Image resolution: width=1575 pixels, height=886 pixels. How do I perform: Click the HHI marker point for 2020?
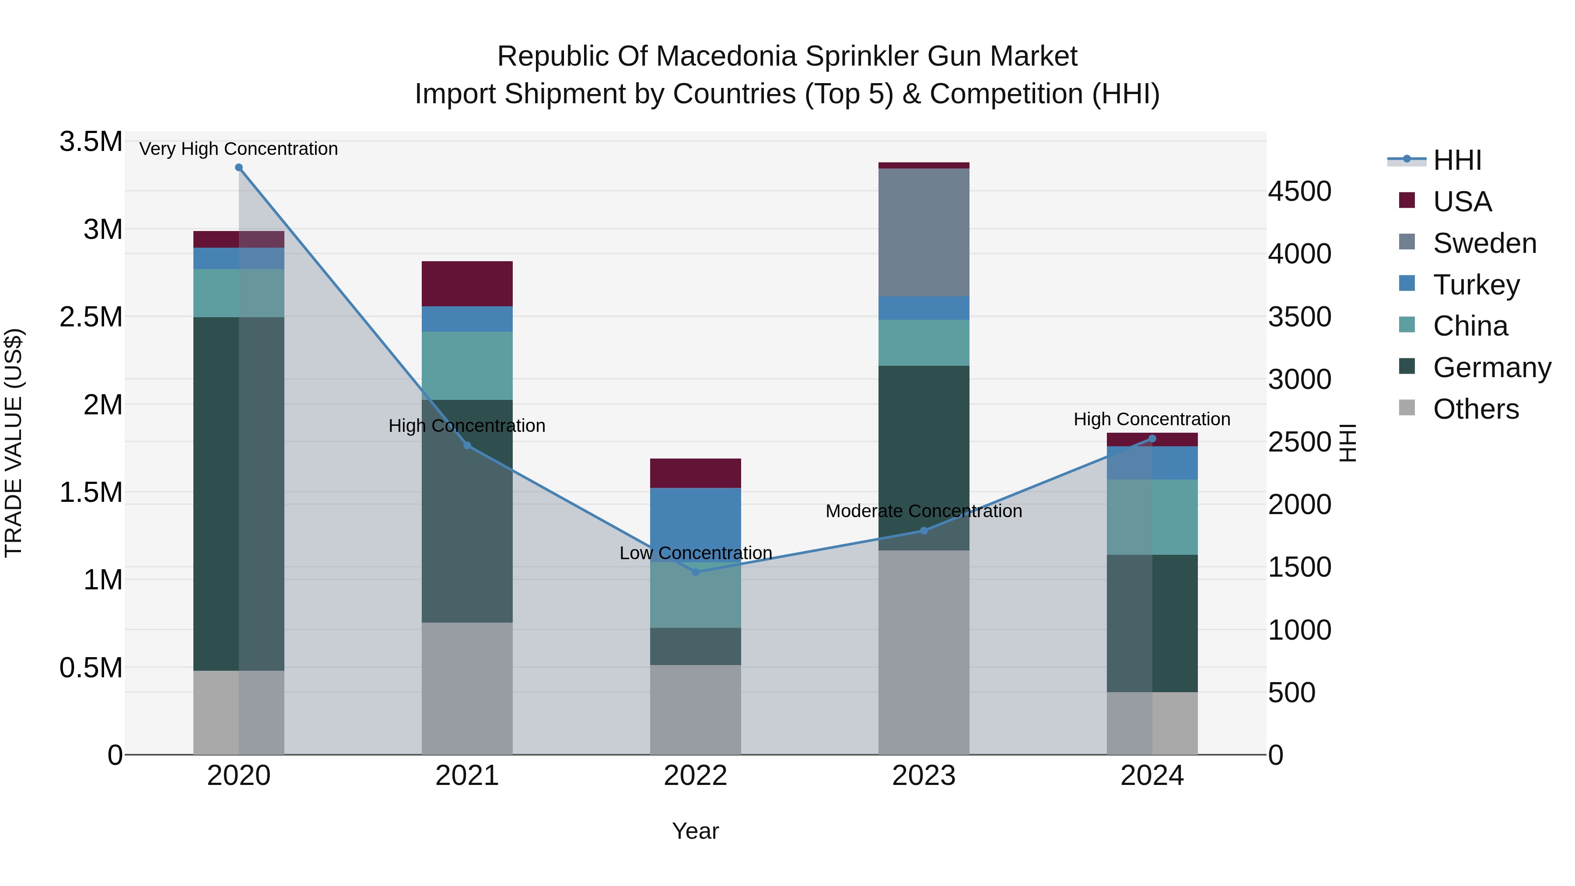(239, 168)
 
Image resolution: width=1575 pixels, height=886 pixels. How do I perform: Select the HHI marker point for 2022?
(695, 572)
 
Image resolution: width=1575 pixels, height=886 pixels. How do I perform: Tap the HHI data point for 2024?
(1152, 438)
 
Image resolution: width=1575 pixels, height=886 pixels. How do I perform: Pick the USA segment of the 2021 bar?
(467, 284)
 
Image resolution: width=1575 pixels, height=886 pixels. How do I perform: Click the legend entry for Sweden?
(1484, 243)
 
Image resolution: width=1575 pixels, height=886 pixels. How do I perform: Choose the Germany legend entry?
(1491, 368)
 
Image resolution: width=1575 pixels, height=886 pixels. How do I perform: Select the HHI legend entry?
(1457, 160)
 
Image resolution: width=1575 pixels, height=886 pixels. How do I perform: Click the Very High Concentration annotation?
(238, 149)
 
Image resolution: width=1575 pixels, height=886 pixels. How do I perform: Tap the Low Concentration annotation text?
(695, 553)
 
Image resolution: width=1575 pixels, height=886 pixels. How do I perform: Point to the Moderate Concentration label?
(923, 511)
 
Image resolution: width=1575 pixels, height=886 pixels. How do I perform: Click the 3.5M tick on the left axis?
(91, 142)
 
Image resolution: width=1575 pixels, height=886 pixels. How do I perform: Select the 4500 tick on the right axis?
(1299, 191)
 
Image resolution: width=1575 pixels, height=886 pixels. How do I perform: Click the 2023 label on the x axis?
(923, 776)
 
